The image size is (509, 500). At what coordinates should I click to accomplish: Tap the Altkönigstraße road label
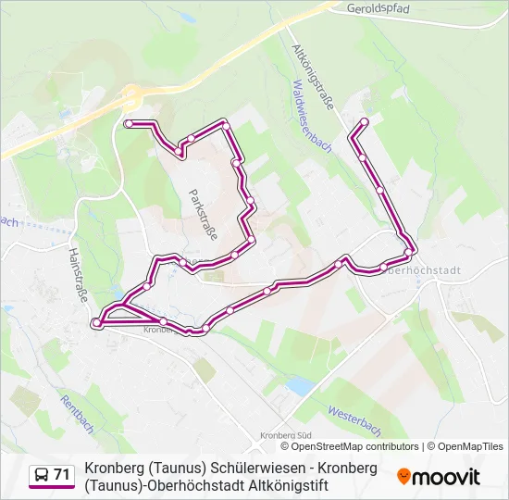coord(313,77)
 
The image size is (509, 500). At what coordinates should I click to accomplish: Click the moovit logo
coord(439,477)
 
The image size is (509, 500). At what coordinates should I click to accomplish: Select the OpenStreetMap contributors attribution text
coord(355,446)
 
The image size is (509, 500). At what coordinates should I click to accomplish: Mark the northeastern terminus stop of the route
coord(365,122)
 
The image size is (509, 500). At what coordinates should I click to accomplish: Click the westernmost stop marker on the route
coord(95,323)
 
